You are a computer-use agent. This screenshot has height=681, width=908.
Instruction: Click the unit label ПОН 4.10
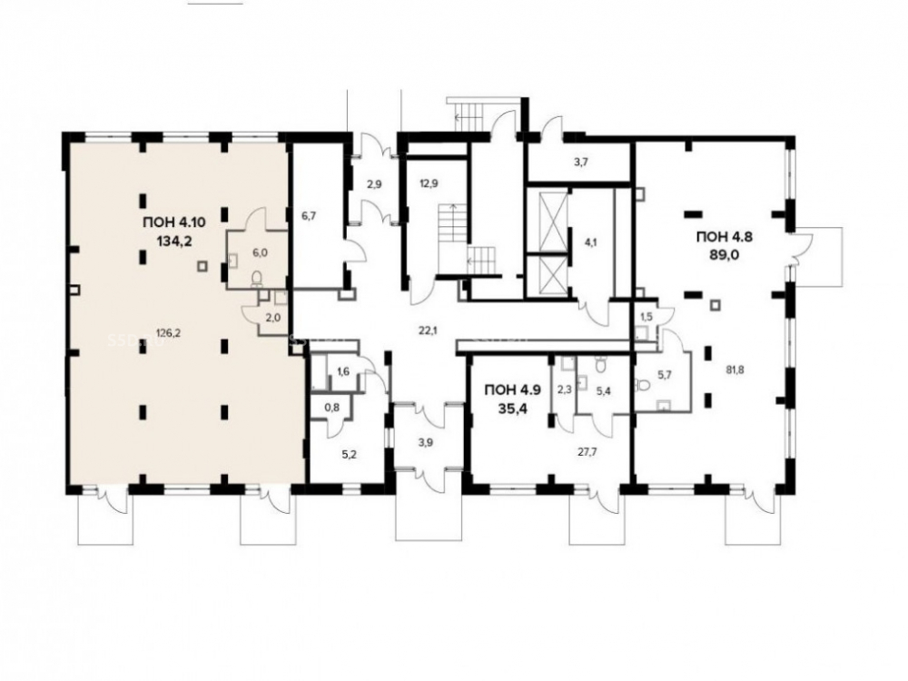tap(173, 222)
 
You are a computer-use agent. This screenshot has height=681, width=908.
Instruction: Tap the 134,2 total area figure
tap(173, 241)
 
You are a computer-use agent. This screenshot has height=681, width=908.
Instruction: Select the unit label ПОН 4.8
tap(724, 236)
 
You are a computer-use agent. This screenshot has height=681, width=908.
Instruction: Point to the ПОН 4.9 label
tap(513, 390)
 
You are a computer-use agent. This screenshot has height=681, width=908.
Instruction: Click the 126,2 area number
tap(169, 333)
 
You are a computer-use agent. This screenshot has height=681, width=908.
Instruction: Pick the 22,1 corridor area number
tap(428, 331)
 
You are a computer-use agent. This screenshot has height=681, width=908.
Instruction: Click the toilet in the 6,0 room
tap(258, 281)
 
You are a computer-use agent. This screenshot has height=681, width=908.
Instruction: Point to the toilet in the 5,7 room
tap(642, 384)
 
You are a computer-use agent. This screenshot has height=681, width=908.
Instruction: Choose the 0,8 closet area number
tap(331, 408)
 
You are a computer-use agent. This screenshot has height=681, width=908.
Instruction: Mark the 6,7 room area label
tap(308, 216)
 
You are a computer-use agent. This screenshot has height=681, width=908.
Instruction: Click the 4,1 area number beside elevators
tap(589, 243)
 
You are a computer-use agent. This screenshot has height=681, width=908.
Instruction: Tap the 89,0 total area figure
tap(724, 255)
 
